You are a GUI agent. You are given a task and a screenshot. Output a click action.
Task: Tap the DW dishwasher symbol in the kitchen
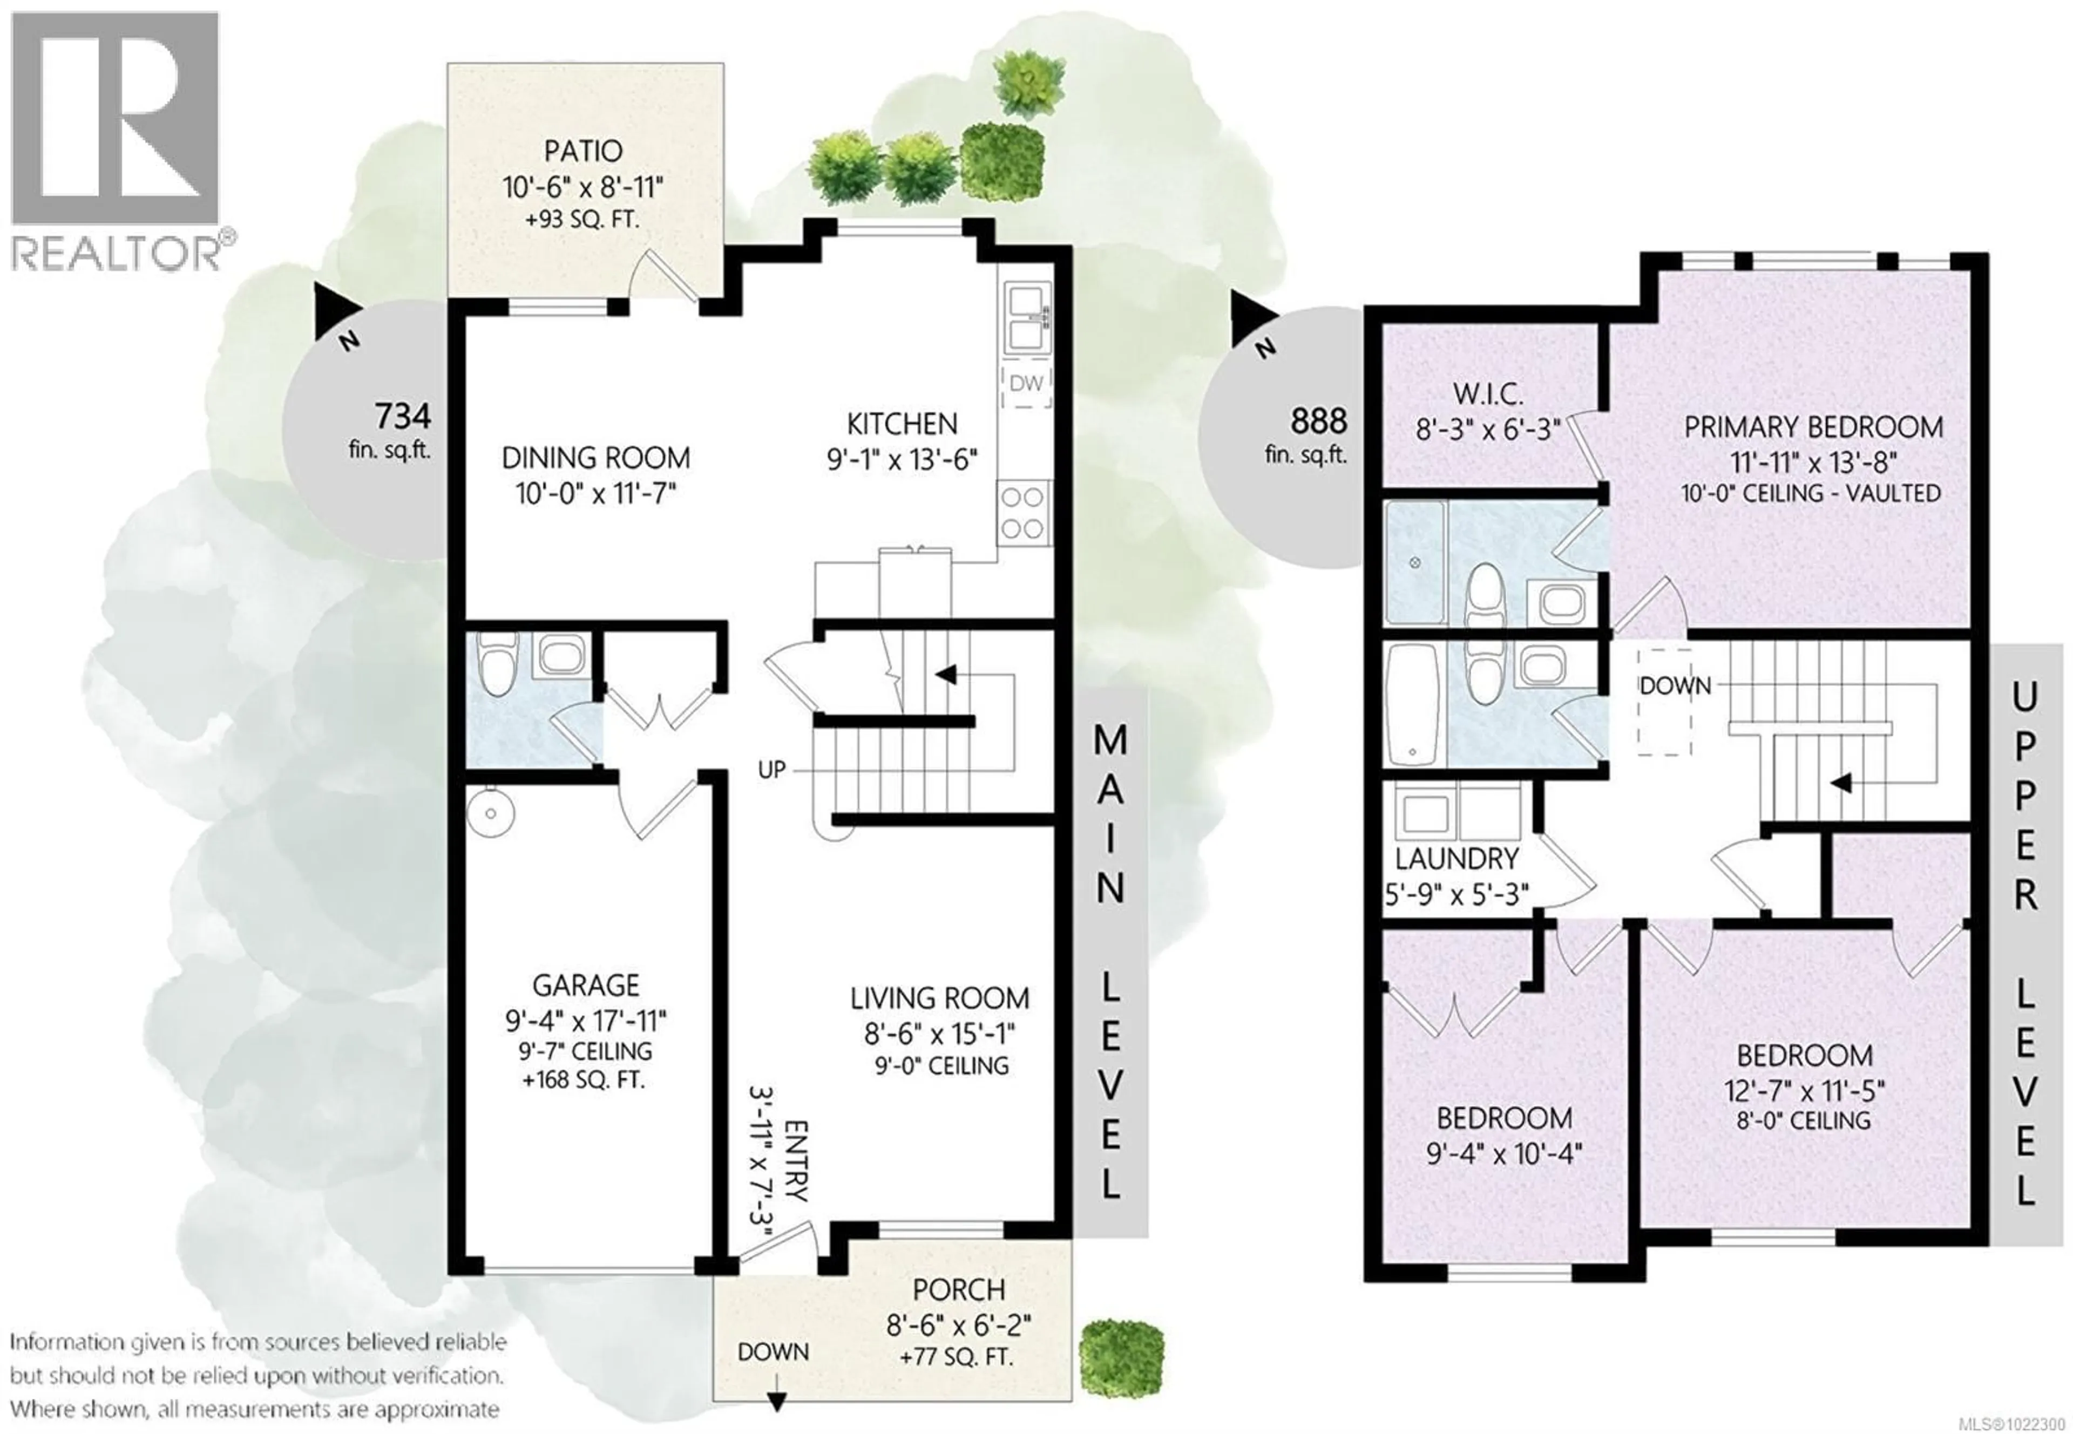1025,384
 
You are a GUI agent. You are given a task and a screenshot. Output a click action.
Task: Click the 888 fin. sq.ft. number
1318,420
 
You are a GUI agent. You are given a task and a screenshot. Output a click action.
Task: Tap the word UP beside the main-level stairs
771,769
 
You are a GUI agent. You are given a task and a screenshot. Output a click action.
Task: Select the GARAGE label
585,986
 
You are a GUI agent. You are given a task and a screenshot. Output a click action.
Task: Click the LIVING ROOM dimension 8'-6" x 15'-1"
939,1034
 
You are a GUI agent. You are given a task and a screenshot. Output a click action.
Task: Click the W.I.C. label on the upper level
1487,393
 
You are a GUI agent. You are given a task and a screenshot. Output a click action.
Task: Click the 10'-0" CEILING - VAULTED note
1811,493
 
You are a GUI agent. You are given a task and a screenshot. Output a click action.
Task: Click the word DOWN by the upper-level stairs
1675,685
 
